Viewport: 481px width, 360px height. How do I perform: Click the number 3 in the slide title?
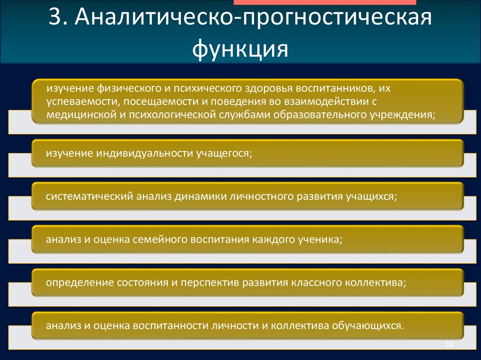click(x=56, y=20)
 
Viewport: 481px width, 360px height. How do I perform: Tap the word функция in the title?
click(x=240, y=48)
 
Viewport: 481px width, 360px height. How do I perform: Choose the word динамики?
click(x=199, y=196)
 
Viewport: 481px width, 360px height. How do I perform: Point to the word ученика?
click(x=321, y=239)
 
